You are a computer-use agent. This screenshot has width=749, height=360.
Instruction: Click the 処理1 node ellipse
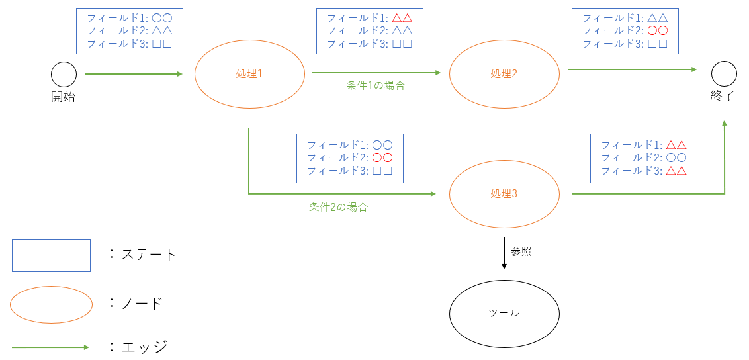tap(249, 74)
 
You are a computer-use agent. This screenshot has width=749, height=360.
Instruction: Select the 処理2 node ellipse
tap(504, 74)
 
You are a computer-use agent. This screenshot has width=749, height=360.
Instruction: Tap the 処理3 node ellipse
tap(504, 193)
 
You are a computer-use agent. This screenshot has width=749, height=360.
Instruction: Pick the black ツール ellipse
tap(504, 313)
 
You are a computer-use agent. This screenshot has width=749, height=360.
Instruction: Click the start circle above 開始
tap(64, 74)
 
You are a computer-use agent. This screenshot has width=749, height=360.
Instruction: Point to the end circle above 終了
tap(724, 73)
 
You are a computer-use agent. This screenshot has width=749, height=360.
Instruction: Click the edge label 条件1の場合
tap(375, 85)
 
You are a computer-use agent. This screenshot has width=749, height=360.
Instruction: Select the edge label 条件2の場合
tap(338, 207)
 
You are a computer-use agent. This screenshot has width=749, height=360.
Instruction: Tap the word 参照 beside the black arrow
tap(521, 251)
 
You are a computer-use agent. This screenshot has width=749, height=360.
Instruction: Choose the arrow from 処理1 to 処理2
tap(375, 73)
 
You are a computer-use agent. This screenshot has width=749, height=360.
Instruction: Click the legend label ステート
tap(149, 255)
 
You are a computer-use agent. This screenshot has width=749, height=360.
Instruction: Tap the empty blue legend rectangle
tap(51, 255)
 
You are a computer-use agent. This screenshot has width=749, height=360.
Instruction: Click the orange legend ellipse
tap(51, 304)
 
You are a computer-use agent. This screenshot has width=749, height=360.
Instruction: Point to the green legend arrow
tap(50, 347)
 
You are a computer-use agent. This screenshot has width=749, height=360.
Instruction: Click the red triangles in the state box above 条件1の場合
tap(402, 17)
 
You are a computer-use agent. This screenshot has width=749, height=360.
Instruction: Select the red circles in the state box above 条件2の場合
tap(382, 157)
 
